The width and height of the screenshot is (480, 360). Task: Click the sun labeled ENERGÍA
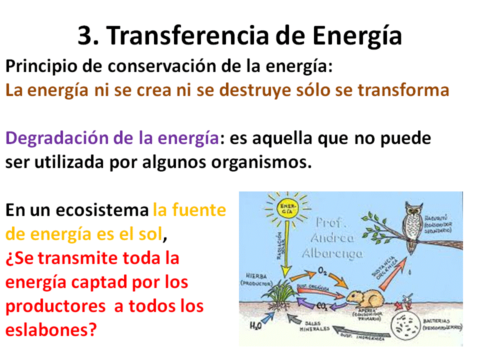[287, 209]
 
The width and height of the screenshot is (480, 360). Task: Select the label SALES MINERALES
[314, 326]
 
